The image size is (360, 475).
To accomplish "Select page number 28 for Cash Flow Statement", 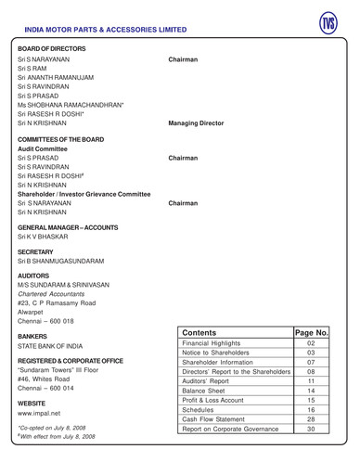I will point(311,417).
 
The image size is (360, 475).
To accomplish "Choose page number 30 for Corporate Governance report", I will point(311,430).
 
